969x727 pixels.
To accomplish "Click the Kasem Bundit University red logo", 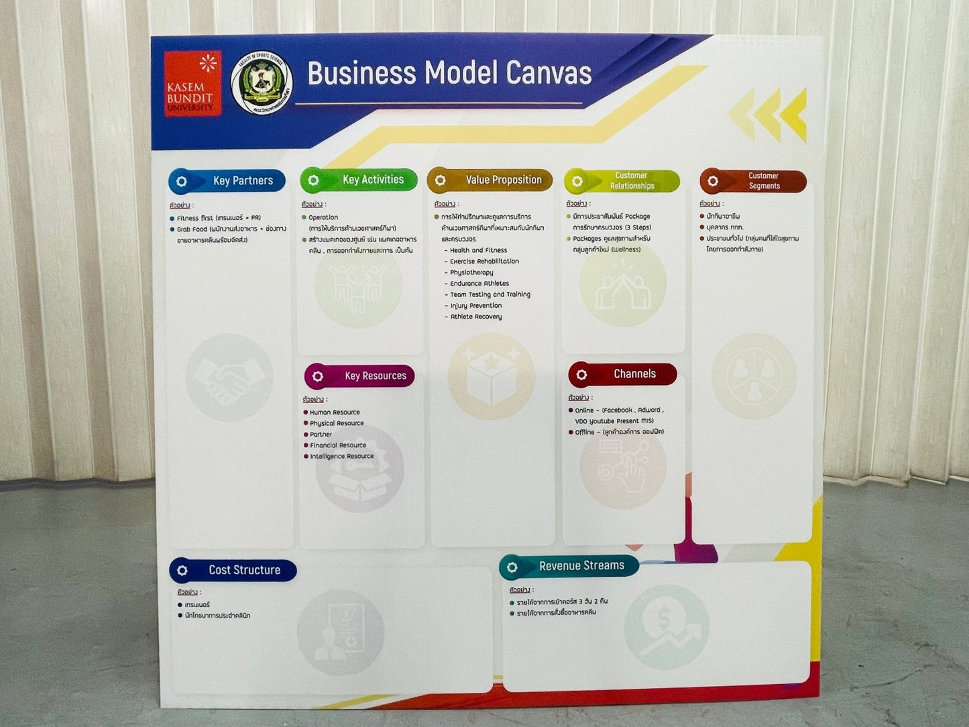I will tap(192, 84).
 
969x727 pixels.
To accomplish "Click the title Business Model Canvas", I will tap(449, 73).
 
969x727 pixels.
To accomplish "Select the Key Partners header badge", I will tap(227, 181).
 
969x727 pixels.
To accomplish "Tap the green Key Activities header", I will tap(359, 180).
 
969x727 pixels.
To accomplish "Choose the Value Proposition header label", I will tap(490, 180).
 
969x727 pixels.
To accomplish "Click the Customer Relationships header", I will tap(622, 181).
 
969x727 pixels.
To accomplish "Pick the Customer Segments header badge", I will tap(753, 181).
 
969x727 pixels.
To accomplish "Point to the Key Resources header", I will tap(359, 376).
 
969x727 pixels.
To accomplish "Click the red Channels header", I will tap(622, 374).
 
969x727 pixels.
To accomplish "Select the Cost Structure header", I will tap(233, 570).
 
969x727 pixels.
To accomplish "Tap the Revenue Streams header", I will tap(569, 567).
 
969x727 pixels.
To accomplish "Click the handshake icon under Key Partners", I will tap(229, 378).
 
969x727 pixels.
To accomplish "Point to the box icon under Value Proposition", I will tap(492, 377).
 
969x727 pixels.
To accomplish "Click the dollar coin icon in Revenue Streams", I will tap(667, 627).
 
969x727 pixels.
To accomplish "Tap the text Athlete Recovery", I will tap(475, 317).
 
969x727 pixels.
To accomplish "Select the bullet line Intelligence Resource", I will tap(341, 456).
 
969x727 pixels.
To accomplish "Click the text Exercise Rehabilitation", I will tap(484, 262).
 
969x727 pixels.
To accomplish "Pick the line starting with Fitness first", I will tap(218, 218).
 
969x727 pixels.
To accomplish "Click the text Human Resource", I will tap(335, 412).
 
